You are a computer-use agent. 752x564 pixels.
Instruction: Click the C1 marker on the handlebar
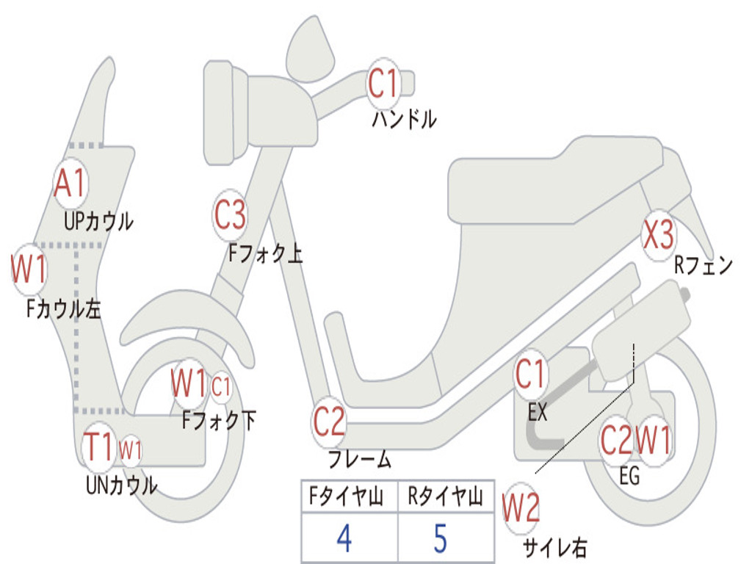pos(383,83)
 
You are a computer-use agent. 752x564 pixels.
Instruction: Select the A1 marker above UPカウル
pos(70,184)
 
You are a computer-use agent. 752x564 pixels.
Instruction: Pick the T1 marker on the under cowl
pos(99,447)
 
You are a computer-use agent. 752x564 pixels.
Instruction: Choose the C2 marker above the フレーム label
pos(328,422)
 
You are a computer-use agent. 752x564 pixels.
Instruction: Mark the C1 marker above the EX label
pos(531,375)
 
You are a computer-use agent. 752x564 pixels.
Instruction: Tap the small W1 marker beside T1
pos(130,449)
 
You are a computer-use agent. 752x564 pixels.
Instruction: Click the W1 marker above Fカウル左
pos(29,270)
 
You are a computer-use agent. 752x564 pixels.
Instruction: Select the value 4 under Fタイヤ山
pos(344,538)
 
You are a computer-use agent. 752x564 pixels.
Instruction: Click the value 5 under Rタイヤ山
pos(440,538)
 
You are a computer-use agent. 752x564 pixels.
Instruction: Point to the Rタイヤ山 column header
pos(444,498)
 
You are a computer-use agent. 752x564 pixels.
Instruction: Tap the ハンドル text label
pos(403,118)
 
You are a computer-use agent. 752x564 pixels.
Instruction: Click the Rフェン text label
pos(703,266)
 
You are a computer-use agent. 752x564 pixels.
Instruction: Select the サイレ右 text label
pos(554,547)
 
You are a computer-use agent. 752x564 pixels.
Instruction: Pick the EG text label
pos(629,476)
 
